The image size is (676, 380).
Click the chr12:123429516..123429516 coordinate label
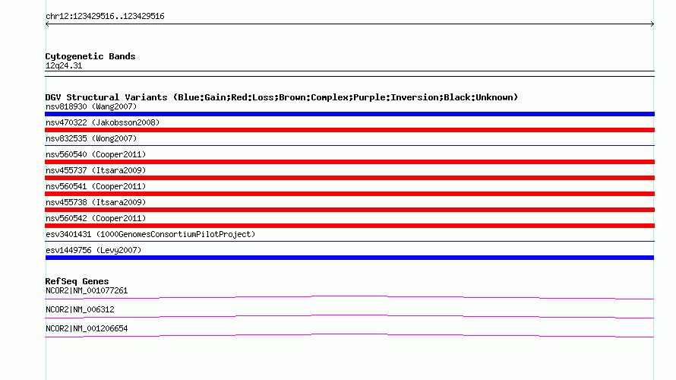pyautogui.click(x=105, y=17)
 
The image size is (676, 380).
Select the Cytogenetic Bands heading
pyautogui.click(x=90, y=56)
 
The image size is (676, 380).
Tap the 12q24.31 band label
pyautogui.click(x=64, y=66)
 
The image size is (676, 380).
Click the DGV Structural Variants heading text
pyautogui.click(x=282, y=97)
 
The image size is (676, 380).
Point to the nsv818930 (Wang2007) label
pyautogui.click(x=91, y=106)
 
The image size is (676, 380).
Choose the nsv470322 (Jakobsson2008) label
pyautogui.click(x=103, y=122)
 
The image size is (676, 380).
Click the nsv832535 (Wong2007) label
pyautogui.click(x=91, y=138)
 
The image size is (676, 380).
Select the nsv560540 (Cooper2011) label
pyautogui.click(x=96, y=154)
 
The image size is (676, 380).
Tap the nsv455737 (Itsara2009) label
pyautogui.click(x=96, y=170)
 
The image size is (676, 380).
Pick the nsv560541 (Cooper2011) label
pyautogui.click(x=96, y=186)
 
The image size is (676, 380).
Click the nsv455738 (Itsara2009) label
pyautogui.click(x=96, y=202)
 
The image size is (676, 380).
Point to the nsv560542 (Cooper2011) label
pyautogui.click(x=96, y=218)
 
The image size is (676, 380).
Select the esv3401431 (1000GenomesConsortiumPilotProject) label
pyautogui.click(x=150, y=234)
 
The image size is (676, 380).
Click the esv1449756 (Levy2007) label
pyautogui.click(x=93, y=250)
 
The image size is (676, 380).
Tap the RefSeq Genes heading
pyautogui.click(x=77, y=281)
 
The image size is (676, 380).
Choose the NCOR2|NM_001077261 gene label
pyautogui.click(x=87, y=291)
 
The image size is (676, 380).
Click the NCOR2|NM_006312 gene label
pyautogui.click(x=80, y=309)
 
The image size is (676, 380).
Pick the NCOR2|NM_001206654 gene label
pyautogui.click(x=87, y=328)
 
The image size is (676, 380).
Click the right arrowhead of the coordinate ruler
pyautogui.click(x=653, y=24)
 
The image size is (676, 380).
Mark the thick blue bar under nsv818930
pyautogui.click(x=349, y=114)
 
